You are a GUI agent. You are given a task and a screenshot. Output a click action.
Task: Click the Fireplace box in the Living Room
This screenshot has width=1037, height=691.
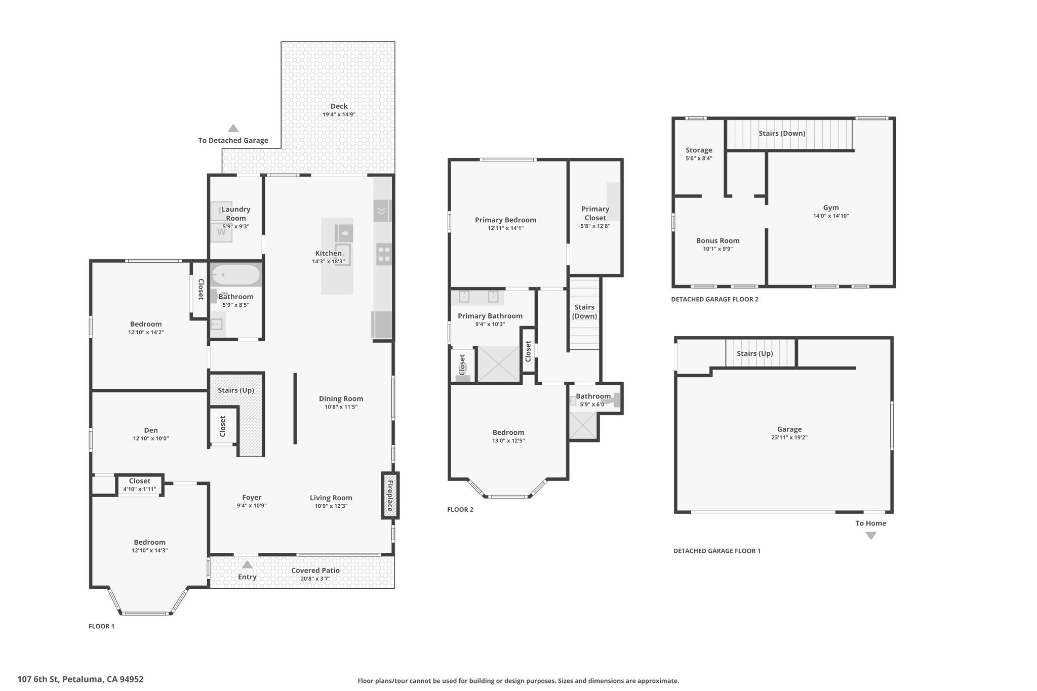click(390, 495)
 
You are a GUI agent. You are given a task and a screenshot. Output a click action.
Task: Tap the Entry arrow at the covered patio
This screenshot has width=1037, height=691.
click(247, 564)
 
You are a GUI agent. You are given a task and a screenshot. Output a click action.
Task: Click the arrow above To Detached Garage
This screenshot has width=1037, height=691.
click(233, 128)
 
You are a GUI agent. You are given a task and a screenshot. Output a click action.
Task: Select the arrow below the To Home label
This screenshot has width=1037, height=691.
click(870, 536)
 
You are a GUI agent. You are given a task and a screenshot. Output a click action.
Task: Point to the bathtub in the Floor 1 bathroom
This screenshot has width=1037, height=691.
click(236, 275)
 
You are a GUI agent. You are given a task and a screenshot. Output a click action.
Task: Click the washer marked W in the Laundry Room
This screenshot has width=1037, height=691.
click(221, 232)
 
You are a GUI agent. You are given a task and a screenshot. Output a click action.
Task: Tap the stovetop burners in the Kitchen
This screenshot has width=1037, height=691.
click(384, 254)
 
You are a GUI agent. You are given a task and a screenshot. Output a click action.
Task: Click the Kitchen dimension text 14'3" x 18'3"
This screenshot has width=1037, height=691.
click(329, 262)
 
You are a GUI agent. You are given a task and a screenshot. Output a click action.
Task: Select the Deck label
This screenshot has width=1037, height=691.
click(339, 106)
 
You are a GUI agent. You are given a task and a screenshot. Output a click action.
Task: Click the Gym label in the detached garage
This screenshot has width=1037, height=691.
click(831, 208)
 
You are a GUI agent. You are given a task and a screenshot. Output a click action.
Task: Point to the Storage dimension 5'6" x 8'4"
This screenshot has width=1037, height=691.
click(699, 158)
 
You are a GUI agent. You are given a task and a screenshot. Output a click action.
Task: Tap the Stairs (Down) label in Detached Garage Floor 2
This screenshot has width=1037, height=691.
click(782, 133)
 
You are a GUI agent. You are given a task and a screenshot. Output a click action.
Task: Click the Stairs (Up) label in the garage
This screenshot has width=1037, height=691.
click(754, 353)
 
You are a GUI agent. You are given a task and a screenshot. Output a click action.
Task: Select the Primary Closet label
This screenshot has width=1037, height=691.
click(595, 214)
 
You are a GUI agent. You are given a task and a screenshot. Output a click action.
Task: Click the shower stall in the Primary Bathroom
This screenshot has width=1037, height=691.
click(499, 363)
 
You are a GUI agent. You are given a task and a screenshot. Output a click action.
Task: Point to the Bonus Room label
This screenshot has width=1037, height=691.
click(717, 241)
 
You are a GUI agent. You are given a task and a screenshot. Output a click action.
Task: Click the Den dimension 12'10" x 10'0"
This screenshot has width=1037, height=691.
click(151, 438)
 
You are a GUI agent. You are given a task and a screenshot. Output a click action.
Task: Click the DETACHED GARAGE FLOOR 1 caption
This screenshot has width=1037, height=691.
click(717, 551)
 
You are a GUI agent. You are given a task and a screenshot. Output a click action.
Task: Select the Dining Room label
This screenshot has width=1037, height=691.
click(341, 399)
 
